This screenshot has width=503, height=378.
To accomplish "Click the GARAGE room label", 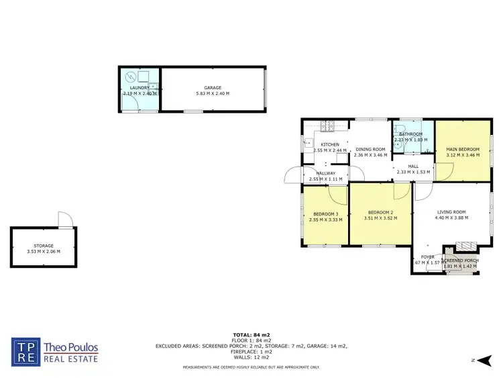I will tap(213, 88).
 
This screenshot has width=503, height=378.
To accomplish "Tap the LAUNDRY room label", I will tap(139, 88).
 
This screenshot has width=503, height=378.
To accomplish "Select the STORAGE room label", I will tap(44, 246).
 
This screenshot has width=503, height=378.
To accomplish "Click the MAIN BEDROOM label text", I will tap(463, 149).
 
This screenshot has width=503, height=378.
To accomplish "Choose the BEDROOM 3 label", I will tap(325, 214).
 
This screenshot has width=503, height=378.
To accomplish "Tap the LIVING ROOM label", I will tap(451, 212).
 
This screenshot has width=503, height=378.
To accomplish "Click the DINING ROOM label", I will tap(370, 149).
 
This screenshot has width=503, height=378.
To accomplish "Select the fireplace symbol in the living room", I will tap(463, 246).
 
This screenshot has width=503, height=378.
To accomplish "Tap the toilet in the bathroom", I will tap(398, 130).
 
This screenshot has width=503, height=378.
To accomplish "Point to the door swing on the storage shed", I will tap(64, 220).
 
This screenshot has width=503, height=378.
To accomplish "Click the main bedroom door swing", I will tap(442, 173).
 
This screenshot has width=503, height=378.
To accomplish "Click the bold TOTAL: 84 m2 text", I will tap(251, 334).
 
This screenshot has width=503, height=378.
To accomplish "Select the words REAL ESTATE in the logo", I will tap(71, 359).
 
